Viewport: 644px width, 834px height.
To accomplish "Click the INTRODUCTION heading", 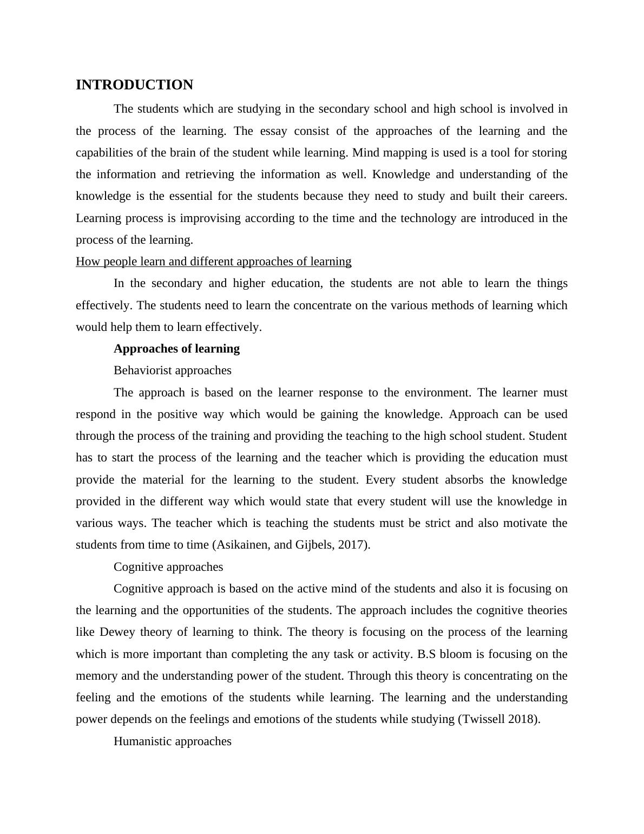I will (x=134, y=85).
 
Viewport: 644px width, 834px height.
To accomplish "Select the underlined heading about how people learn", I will (x=213, y=262).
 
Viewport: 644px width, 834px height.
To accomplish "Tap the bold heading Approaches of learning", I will (x=176, y=349).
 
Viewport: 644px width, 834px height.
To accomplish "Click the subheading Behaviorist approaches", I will (x=172, y=370).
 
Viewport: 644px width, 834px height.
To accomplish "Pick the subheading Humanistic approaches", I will (x=172, y=741).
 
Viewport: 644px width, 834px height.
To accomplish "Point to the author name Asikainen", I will (x=242, y=545).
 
